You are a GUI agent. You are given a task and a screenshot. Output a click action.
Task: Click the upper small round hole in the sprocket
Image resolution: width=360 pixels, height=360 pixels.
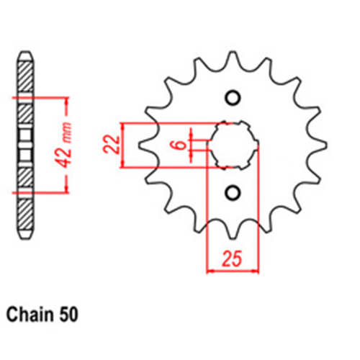tap(232, 97)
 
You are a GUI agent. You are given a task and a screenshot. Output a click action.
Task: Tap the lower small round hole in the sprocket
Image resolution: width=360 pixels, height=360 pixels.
tap(232, 192)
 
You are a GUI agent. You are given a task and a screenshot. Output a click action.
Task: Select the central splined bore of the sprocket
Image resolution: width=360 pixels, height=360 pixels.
tap(232, 145)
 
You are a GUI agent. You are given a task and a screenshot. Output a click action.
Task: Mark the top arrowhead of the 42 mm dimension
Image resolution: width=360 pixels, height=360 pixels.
tap(66, 98)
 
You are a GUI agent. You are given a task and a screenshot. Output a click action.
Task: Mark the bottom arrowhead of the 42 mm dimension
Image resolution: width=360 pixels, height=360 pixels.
tap(66, 189)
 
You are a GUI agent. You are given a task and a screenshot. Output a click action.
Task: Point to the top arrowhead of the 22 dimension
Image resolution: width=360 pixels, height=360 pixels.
tap(127, 126)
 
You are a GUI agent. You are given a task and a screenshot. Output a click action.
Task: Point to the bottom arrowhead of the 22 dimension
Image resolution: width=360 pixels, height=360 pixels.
tap(127, 163)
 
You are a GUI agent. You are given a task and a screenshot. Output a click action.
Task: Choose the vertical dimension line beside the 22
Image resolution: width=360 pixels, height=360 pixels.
tap(127, 145)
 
